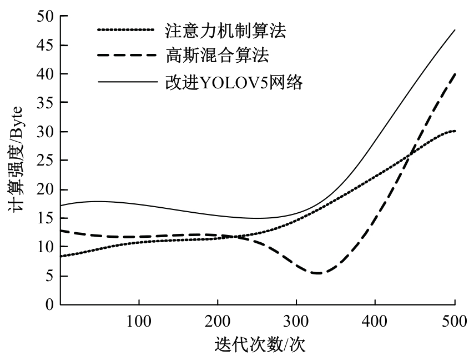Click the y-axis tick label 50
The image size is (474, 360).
point(45,17)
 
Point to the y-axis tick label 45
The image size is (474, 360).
point(45,46)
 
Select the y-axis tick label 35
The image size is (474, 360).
point(45,103)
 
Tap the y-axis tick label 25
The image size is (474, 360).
point(45,161)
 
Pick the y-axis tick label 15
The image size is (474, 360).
point(45,218)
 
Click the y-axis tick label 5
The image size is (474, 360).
point(49,276)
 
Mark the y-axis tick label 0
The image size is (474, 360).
point(49,304)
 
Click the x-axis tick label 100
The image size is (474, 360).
point(139,321)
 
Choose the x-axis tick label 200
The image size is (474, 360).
point(218,321)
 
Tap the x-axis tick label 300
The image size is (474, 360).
point(296,321)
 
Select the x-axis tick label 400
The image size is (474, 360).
point(375,321)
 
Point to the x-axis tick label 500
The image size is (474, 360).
point(454,321)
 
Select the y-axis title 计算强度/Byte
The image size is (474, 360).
point(16,161)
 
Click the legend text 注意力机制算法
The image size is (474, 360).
point(225,31)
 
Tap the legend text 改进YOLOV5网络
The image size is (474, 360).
point(234,82)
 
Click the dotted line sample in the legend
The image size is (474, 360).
point(127,30)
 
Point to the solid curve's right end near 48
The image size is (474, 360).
point(455,30)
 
